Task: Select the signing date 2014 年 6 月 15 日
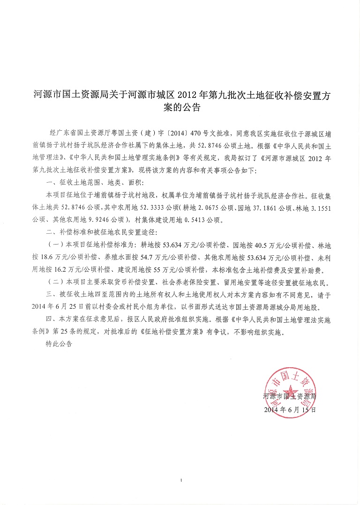coord(290,409)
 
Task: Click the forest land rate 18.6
coord(54,257)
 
